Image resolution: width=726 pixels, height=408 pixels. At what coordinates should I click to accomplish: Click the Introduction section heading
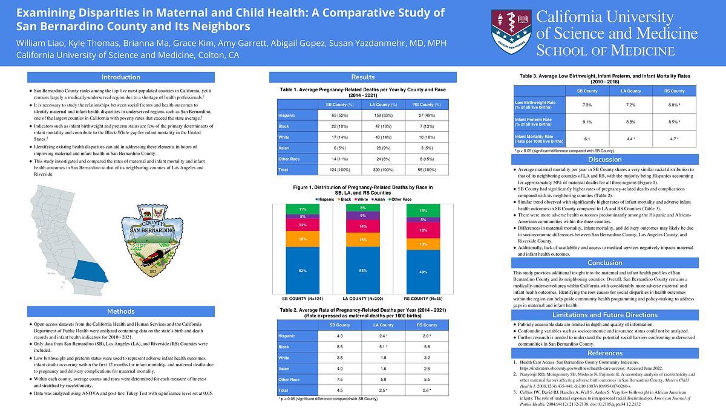[121, 77]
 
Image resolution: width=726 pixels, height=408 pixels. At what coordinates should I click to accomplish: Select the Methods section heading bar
[121, 311]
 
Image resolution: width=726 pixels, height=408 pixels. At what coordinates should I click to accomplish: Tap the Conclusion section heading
[605, 263]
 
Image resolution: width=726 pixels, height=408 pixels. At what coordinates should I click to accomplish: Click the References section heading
[605, 353]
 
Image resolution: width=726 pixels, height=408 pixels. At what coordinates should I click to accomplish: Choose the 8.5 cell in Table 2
[339, 347]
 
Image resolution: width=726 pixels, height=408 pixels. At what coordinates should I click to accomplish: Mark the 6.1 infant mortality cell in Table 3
[587, 138]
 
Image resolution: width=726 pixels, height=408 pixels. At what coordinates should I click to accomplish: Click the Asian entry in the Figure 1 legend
[380, 199]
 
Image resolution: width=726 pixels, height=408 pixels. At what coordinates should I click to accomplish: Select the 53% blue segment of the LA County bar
[362, 270]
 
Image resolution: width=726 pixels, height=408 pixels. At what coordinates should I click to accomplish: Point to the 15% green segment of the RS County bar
[423, 210]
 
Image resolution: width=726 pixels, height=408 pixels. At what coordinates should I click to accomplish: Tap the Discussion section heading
[605, 160]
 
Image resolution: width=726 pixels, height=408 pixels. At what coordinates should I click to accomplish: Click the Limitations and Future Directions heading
[605, 315]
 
